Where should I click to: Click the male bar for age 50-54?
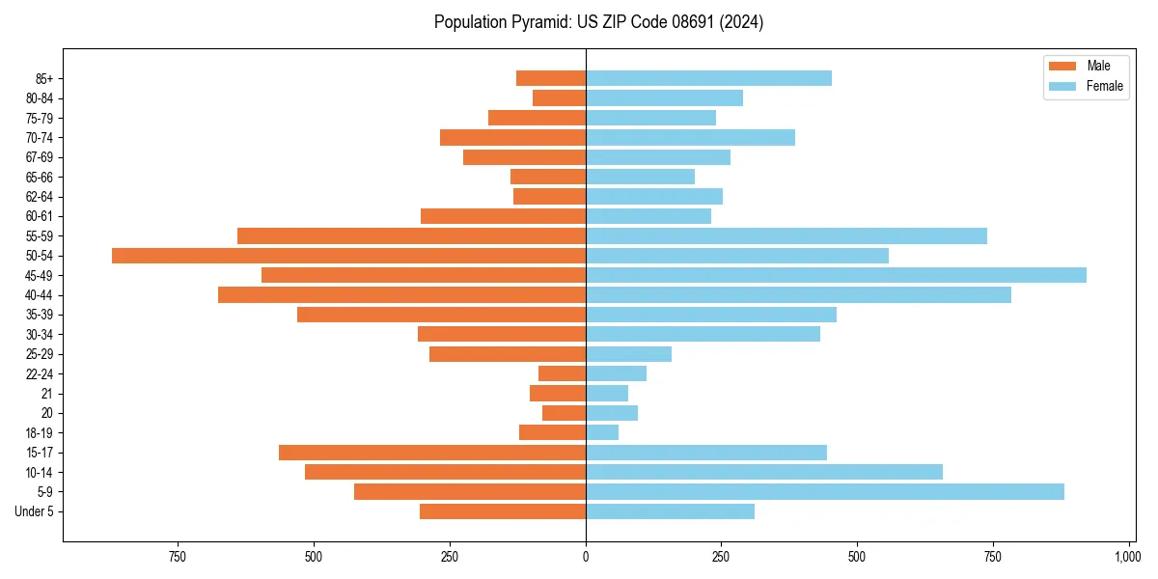(348, 256)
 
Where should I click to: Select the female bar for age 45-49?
(836, 275)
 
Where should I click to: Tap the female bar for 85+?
(708, 78)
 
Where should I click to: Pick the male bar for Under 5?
(503, 511)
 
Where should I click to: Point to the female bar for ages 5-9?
(825, 492)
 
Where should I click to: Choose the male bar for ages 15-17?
(432, 453)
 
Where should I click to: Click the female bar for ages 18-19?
(602, 432)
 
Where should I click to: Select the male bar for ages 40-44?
(401, 295)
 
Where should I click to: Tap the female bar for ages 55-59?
(786, 235)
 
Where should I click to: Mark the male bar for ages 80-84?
(559, 98)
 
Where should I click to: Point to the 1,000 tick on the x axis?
(1128, 557)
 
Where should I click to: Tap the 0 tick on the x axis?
(586, 557)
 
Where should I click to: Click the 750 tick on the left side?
(177, 557)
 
